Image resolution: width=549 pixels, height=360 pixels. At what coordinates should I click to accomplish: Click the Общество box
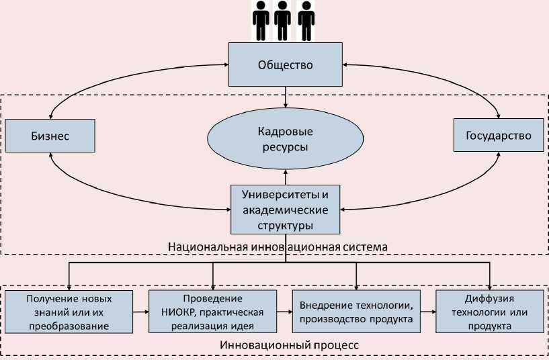[286, 65]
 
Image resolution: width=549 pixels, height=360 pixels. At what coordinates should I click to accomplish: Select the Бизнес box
[50, 136]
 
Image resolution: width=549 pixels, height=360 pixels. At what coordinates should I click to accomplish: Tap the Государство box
[498, 136]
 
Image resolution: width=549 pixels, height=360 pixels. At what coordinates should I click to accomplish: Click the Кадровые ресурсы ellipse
[286, 137]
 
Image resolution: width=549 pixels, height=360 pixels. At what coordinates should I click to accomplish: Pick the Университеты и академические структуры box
[286, 210]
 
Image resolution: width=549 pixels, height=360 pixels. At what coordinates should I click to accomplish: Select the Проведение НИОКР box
[212, 312]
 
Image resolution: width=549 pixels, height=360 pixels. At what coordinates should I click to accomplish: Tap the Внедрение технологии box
[356, 312]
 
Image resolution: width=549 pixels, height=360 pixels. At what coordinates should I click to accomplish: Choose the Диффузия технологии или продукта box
[489, 312]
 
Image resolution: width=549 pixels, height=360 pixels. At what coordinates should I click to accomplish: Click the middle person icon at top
[283, 21]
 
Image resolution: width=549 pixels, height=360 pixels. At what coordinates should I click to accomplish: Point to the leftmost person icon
[260, 21]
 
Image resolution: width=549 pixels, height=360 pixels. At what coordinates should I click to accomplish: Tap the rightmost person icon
[306, 21]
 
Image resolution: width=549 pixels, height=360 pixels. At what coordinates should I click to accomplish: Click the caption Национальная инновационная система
[278, 246]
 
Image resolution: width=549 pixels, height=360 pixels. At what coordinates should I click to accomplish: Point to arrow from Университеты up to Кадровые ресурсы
[286, 176]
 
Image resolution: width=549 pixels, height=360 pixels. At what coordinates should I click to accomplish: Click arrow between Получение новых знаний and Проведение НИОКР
[140, 312]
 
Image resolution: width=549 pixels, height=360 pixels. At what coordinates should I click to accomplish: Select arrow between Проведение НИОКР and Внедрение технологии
[284, 312]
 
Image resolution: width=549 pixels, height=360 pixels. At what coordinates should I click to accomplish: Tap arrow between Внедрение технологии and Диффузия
[428, 312]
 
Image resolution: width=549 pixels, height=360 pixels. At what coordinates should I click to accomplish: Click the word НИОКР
[176, 312]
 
